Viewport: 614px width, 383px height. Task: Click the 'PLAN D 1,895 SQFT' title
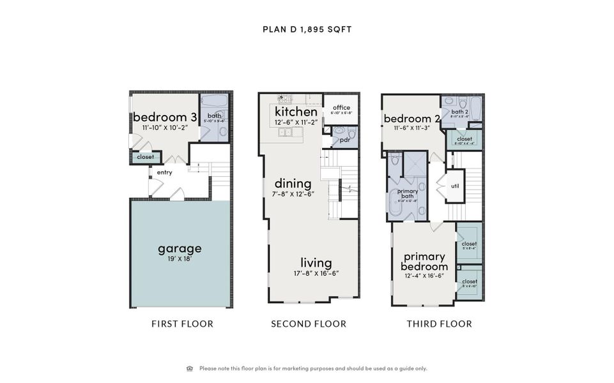[x=307, y=29]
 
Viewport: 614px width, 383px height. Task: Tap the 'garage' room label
[x=180, y=248]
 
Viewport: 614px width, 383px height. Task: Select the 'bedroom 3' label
[x=165, y=117]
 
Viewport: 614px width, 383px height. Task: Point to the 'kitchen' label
[x=296, y=112]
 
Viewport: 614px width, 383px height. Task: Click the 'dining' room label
[x=293, y=184]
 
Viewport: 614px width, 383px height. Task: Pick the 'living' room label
[x=316, y=263]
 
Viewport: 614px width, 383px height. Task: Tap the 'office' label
[x=341, y=107]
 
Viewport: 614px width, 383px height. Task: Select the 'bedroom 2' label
[x=411, y=118]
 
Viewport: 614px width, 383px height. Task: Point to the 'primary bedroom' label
[x=424, y=262]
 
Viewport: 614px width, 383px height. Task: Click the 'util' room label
[x=455, y=186]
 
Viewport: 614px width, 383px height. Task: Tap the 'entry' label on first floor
[x=164, y=172]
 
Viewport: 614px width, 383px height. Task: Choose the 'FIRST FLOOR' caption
[x=182, y=324]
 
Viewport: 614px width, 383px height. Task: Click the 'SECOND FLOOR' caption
[x=309, y=324]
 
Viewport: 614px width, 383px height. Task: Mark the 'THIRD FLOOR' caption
[x=440, y=324]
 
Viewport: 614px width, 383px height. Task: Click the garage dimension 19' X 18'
[x=180, y=259]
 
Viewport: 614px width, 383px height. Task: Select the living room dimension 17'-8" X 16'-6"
[x=316, y=273]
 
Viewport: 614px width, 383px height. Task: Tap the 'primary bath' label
[x=408, y=193]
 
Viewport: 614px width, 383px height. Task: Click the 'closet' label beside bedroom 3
[x=145, y=156]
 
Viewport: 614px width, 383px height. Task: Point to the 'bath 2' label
[x=460, y=112]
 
